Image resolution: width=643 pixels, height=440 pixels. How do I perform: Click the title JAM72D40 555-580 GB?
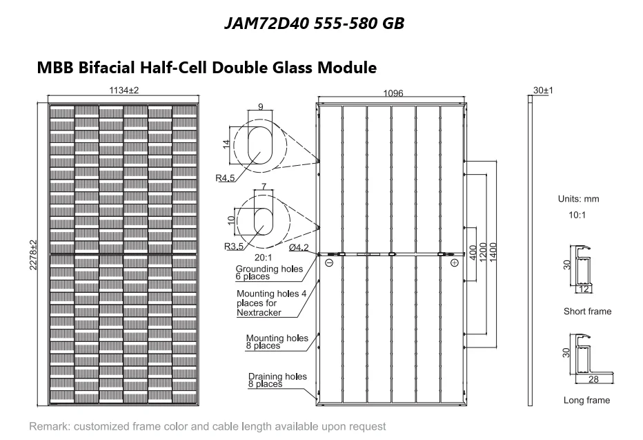[x=315, y=23]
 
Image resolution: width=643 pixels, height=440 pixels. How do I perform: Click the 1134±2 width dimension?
[x=124, y=90]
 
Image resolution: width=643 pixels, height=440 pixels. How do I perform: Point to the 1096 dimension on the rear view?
[x=393, y=93]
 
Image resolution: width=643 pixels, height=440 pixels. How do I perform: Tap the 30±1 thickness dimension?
[x=544, y=90]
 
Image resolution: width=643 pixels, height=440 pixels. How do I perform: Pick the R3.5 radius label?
[x=234, y=247]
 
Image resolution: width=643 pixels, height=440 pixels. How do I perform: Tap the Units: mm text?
[x=578, y=199]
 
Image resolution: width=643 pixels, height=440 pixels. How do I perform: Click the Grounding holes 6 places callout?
[x=269, y=273]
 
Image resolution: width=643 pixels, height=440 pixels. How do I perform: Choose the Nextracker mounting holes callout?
[x=270, y=303]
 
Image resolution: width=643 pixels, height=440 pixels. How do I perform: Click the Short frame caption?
[x=587, y=312]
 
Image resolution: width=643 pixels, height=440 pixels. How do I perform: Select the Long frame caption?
[x=586, y=400]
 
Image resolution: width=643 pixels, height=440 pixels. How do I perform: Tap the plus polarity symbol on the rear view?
[x=454, y=263]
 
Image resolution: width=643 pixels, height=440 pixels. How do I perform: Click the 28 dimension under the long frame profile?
[x=591, y=381]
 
